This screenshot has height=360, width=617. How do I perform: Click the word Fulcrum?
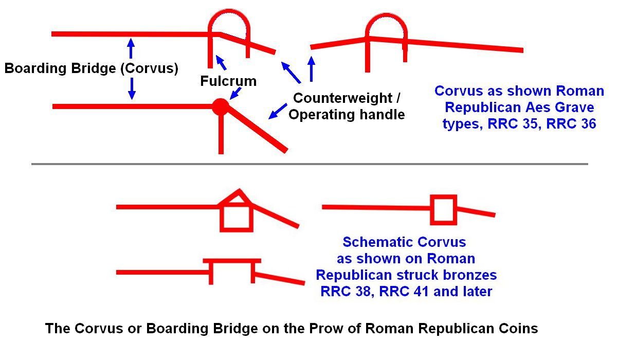pos(228,81)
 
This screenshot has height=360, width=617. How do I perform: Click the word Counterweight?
pos(343,98)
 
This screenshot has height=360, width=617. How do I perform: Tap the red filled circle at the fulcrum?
pos(221,106)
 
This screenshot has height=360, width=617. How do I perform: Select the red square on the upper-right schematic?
pos(443,210)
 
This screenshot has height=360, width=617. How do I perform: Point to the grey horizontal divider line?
pos(310,164)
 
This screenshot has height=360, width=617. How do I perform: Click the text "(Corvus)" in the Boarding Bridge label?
pos(150,68)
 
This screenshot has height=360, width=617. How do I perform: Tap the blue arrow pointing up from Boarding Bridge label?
pos(131,48)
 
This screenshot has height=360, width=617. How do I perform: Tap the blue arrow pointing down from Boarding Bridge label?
pos(132,88)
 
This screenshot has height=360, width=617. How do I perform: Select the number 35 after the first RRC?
pos(530,123)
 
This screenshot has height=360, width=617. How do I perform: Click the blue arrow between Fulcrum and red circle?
pos(235,94)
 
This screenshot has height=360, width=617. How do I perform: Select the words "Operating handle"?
pos(347,115)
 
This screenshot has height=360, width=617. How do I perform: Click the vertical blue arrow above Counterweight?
pos(311,69)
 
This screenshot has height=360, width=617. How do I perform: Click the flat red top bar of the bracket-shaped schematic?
pos(232,261)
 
